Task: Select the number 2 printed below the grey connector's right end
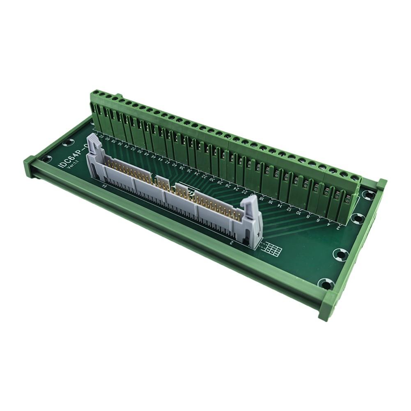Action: coord(233,243)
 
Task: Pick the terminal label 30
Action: coord(211,179)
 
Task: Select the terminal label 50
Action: coord(140,152)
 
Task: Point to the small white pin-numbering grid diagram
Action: coord(272,248)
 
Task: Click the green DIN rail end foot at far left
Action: coord(30,166)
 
